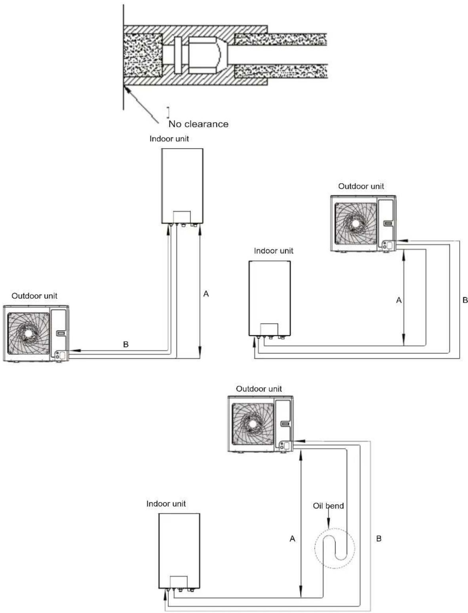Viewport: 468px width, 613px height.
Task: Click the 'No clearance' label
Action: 198,124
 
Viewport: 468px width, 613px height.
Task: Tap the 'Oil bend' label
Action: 328,506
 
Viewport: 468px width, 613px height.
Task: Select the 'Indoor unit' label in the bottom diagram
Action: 166,504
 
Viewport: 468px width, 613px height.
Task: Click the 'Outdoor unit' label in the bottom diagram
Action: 259,389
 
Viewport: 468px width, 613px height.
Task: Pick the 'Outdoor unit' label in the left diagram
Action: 34,296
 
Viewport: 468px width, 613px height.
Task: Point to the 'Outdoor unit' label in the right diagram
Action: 361,186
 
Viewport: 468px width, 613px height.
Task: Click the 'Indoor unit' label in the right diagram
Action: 274,251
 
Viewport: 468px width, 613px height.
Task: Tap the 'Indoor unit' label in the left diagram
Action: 169,139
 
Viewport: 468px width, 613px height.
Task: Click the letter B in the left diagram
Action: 126,344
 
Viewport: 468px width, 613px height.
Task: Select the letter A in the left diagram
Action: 206,293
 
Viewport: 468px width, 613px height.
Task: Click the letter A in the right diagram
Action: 399,300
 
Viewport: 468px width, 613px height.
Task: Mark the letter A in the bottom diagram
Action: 292,539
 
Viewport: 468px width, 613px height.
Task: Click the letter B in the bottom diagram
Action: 379,539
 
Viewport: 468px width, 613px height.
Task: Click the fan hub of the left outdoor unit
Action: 28,333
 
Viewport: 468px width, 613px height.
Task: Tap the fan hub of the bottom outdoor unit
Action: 253,423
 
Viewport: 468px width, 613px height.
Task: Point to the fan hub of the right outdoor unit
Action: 355,224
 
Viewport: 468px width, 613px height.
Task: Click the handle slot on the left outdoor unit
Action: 61,333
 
